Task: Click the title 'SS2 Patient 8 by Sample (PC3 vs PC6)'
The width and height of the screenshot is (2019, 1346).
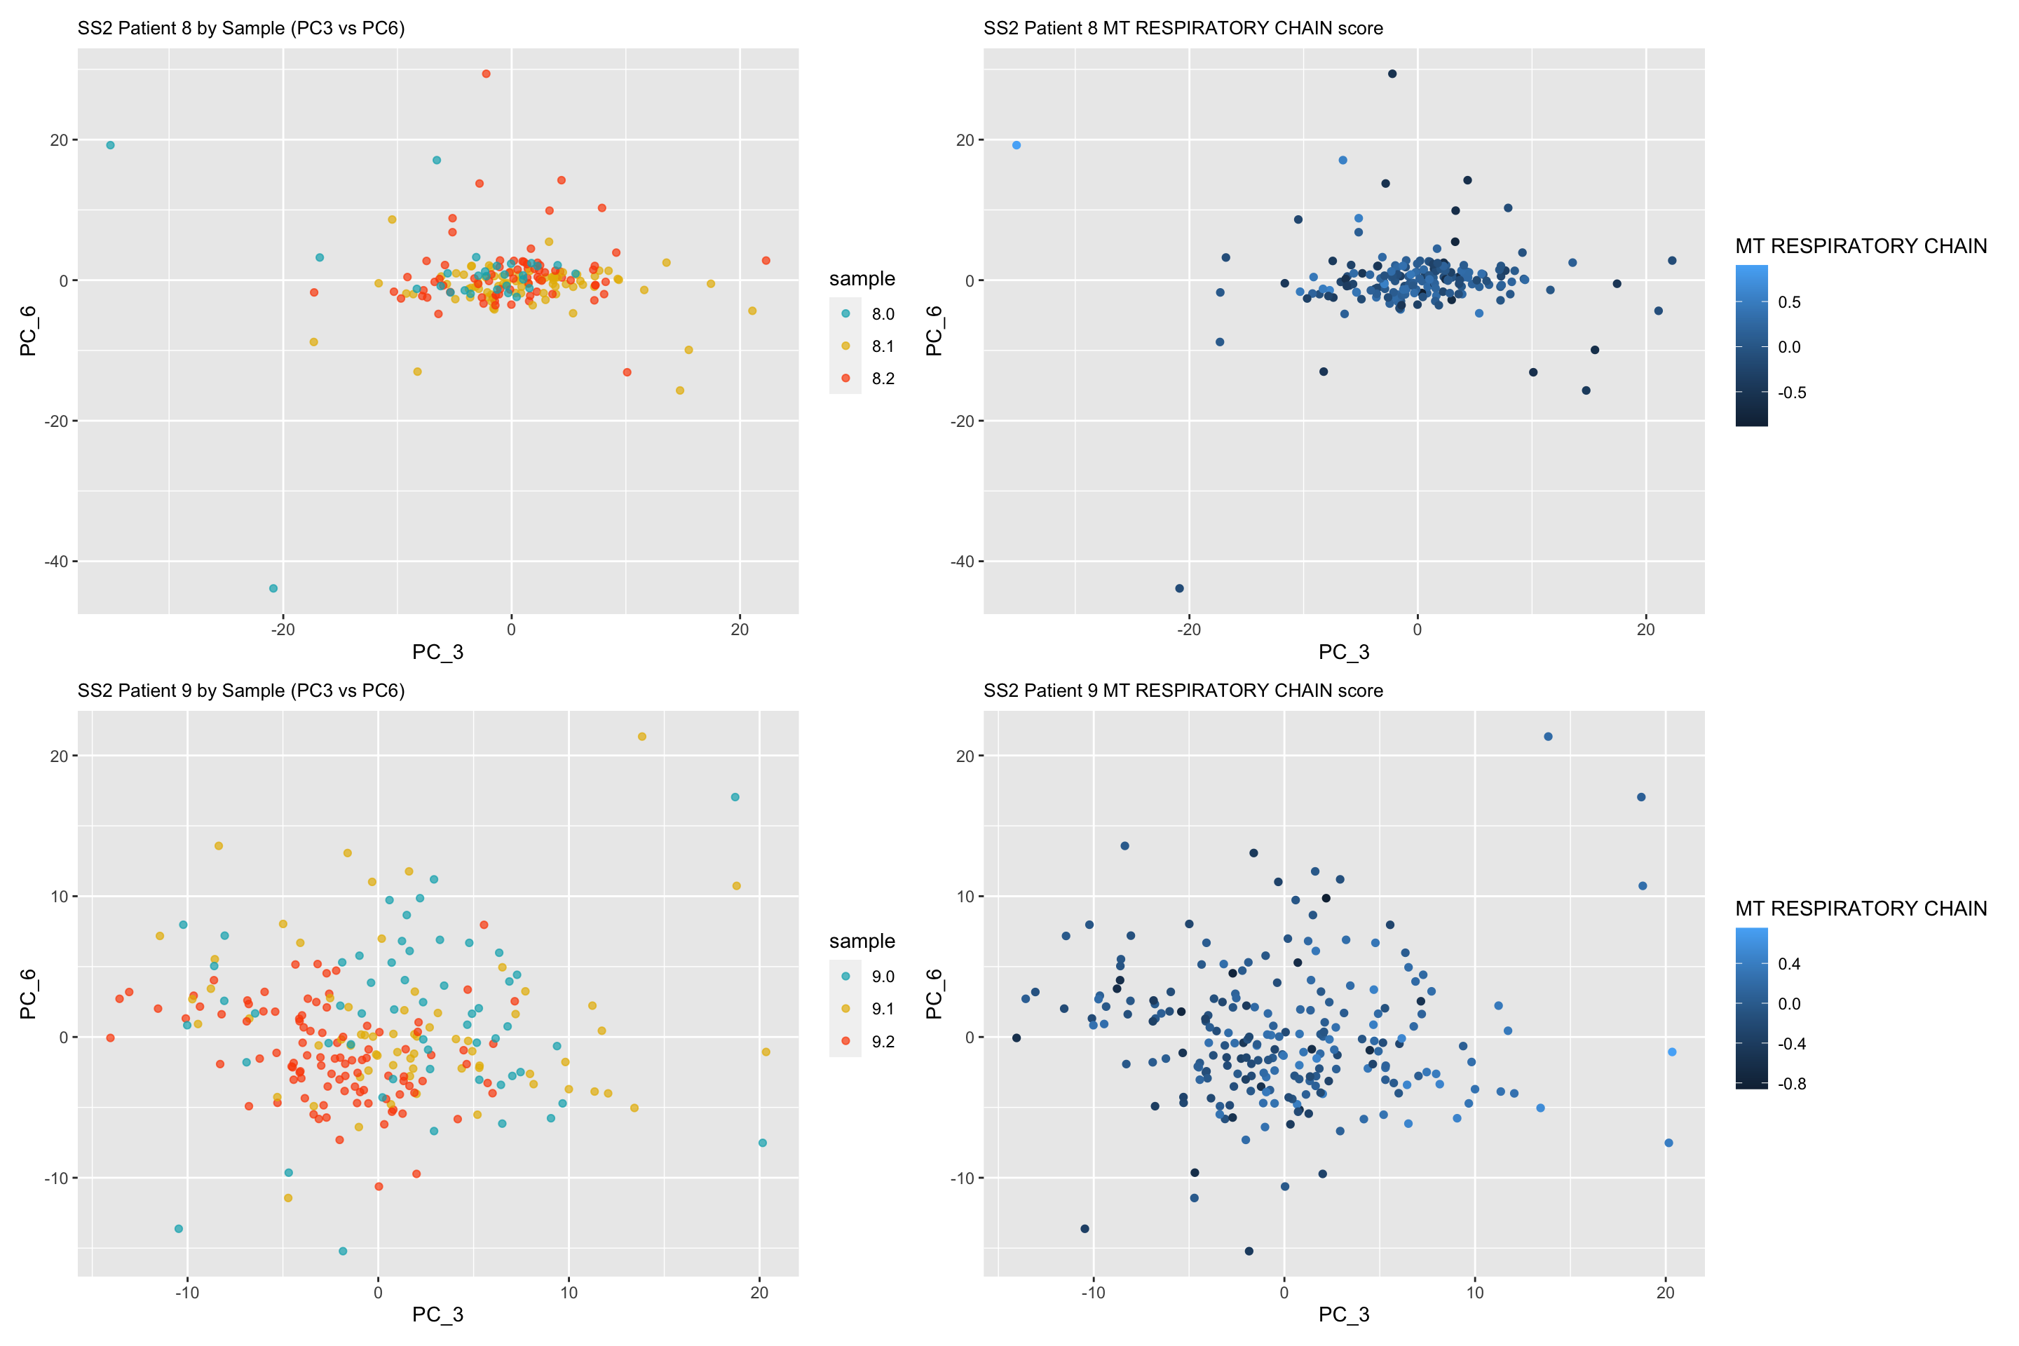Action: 241,28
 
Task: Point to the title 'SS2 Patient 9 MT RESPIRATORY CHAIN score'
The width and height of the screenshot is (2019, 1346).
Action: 1183,691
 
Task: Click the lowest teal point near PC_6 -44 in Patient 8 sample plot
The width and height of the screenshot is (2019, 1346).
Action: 273,588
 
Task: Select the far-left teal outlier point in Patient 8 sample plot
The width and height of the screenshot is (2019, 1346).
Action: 110,145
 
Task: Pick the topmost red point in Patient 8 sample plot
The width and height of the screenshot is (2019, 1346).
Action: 486,74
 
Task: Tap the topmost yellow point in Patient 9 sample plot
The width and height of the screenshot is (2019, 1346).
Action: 642,737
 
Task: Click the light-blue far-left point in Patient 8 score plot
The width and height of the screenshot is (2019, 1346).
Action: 1017,145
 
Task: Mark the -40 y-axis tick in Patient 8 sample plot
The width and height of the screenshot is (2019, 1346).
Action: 57,562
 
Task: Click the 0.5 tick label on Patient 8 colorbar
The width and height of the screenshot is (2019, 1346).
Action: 1790,302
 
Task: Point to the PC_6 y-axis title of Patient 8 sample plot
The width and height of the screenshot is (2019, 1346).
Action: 28,330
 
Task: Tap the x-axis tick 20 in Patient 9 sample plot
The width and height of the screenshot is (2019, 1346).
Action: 759,1293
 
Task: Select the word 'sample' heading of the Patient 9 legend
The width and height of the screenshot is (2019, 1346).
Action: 862,941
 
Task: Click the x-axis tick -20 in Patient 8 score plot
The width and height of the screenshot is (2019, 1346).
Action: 1189,630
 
